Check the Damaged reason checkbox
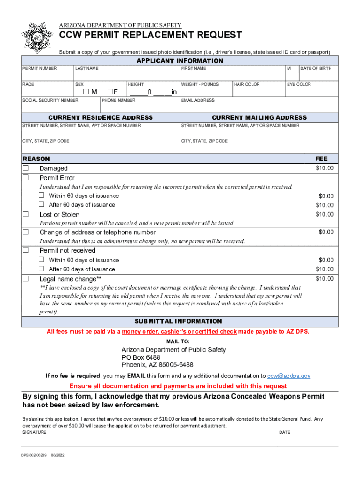tap(26, 168)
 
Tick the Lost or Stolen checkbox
tap(26, 214)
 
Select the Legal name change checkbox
tap(26, 279)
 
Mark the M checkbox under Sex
tap(86, 92)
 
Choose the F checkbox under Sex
tap(110, 92)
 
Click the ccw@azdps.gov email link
tap(288, 376)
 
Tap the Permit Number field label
tap(40, 69)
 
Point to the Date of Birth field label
tap(316, 69)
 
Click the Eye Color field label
tap(299, 84)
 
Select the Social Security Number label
tap(50, 100)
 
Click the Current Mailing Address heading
tap(259, 117)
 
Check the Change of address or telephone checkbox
tap(26, 232)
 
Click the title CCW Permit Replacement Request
tap(150, 36)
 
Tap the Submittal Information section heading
tap(178, 321)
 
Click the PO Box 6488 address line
tap(141, 357)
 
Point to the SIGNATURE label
tap(35, 432)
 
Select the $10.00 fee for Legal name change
tap(324, 279)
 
